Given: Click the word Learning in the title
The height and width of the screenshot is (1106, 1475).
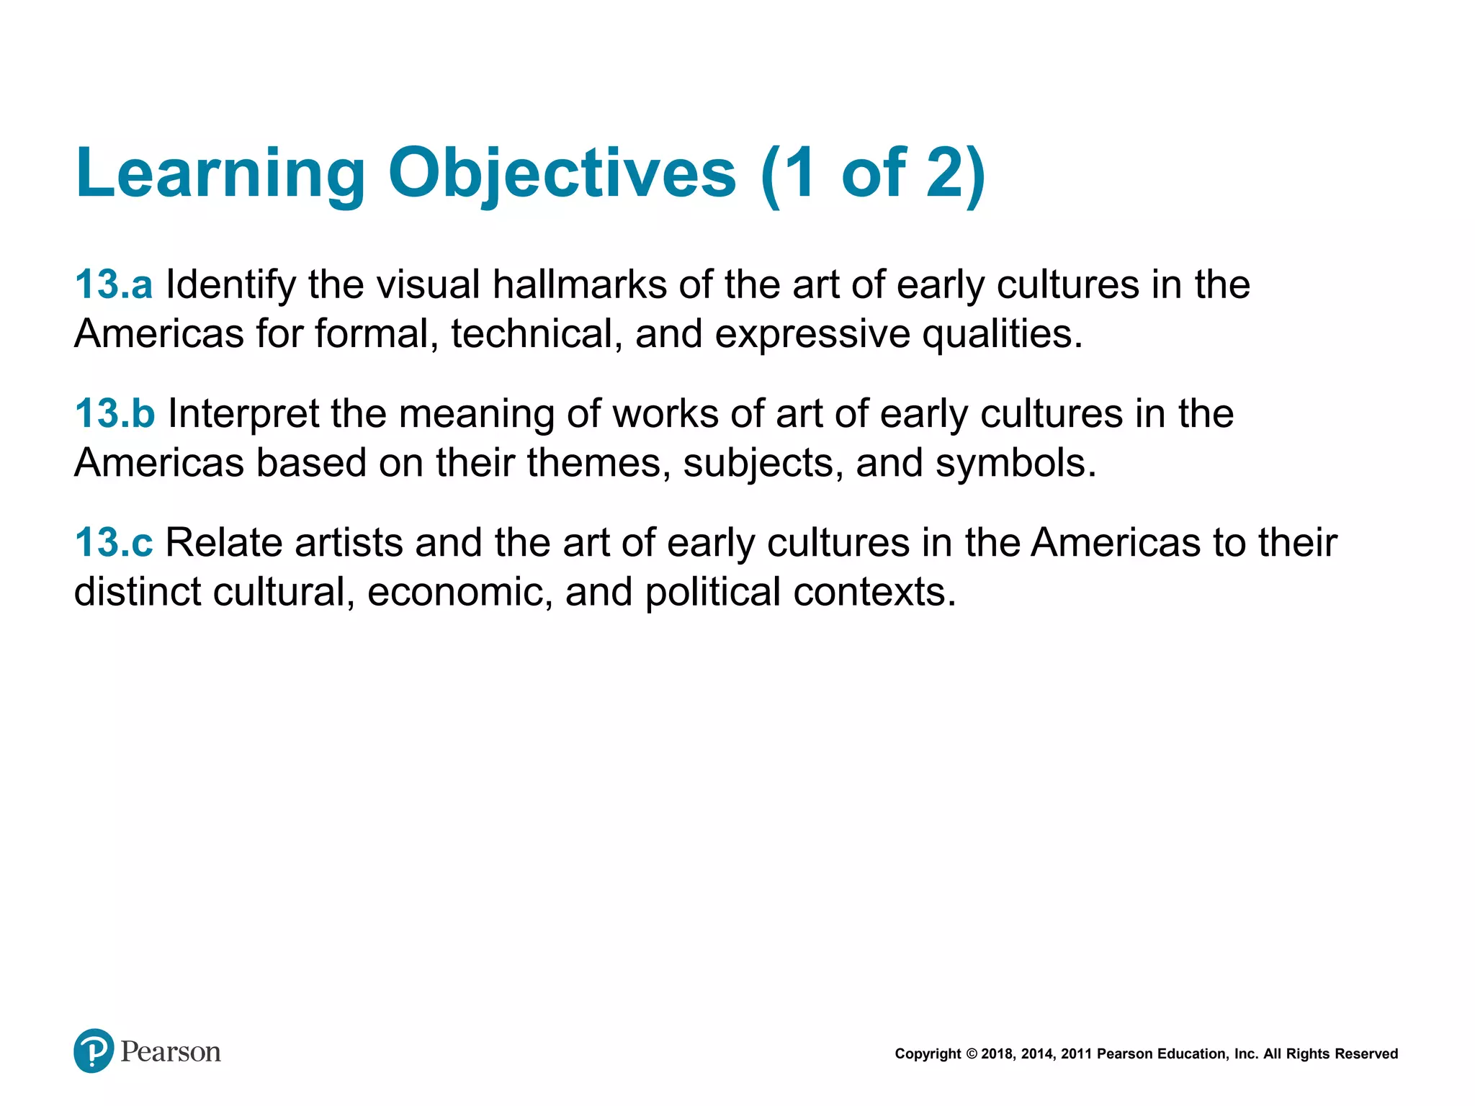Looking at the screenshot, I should pyautogui.click(x=220, y=174).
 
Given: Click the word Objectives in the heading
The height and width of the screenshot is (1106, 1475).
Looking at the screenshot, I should pyautogui.click(x=562, y=174).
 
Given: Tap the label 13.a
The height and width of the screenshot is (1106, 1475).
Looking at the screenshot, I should pyautogui.click(x=114, y=284).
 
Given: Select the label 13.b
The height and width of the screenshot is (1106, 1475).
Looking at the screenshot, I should pyautogui.click(x=115, y=413).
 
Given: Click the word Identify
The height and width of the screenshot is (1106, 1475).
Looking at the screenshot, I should pyautogui.click(x=230, y=284).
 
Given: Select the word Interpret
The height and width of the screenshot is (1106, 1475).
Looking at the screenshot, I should pyautogui.click(x=243, y=413).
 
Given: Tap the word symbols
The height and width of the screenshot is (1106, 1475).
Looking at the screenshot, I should pyautogui.click(x=1016, y=462).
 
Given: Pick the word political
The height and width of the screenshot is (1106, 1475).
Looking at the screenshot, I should pyautogui.click(x=712, y=592).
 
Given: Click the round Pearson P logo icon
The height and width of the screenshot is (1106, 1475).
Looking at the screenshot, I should pyautogui.click(x=94, y=1051).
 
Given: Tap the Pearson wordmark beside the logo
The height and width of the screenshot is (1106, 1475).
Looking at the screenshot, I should pyautogui.click(x=171, y=1052).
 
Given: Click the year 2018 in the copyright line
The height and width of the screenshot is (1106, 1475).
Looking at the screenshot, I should pyautogui.click(x=997, y=1054).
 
